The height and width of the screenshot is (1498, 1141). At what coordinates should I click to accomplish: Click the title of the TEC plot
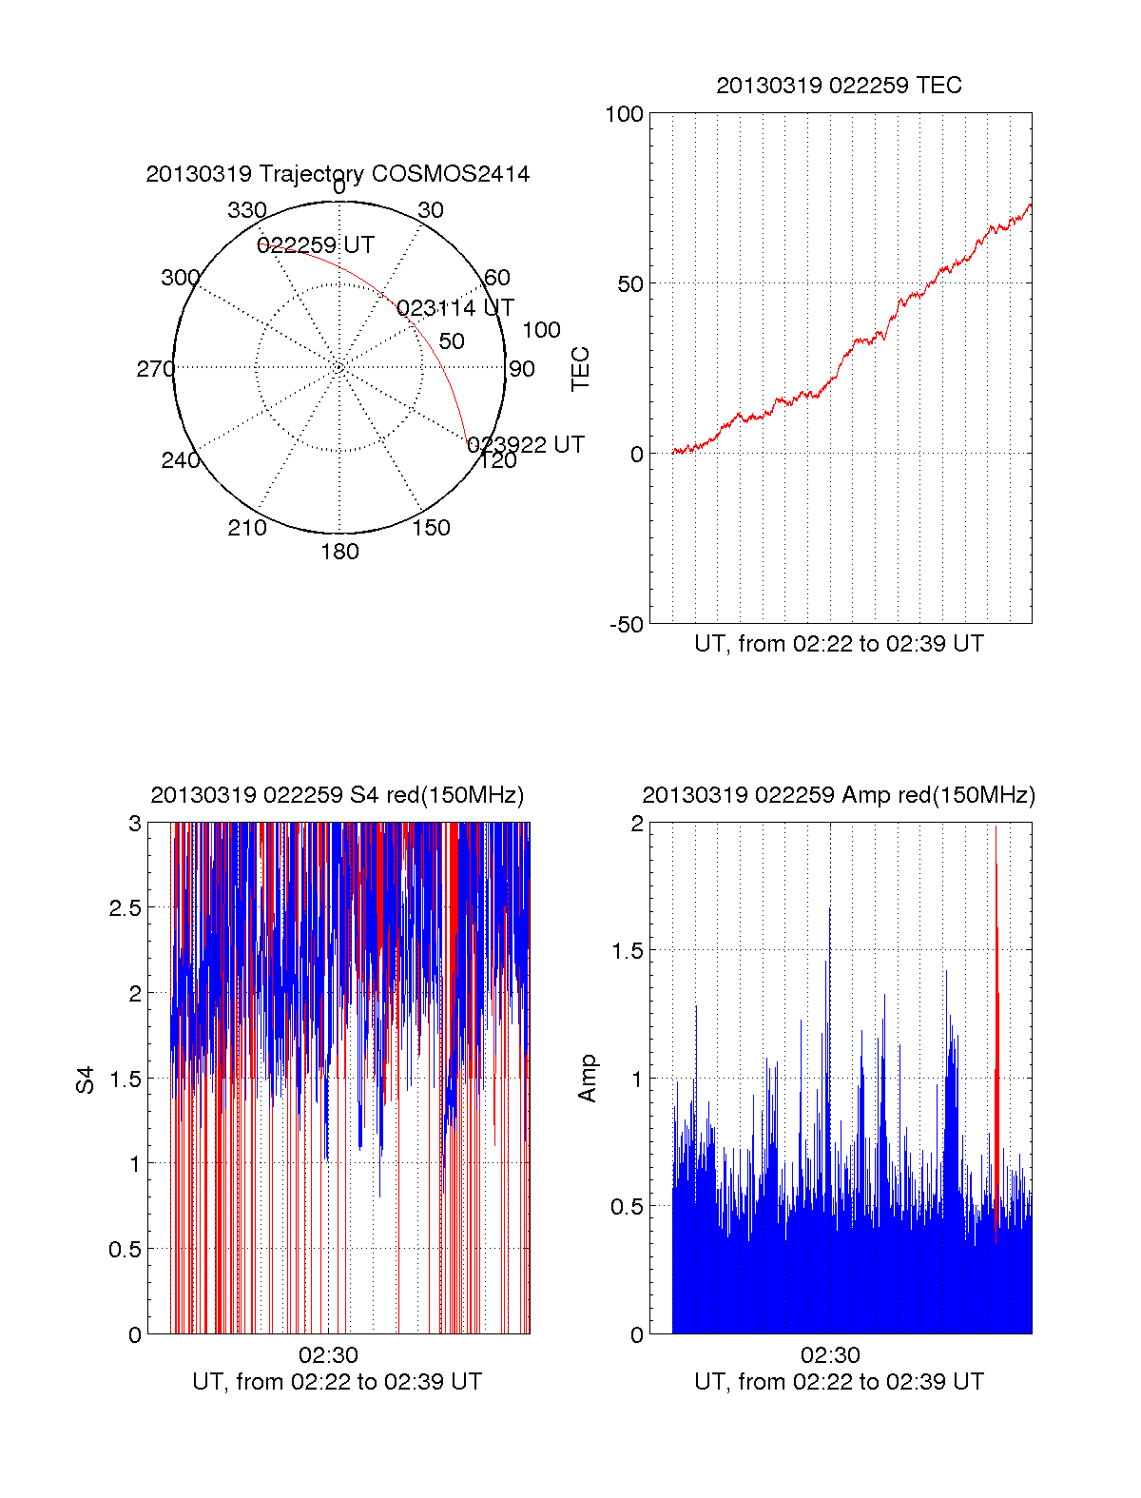(839, 86)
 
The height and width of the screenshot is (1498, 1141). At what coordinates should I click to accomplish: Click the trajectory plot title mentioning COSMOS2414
(338, 174)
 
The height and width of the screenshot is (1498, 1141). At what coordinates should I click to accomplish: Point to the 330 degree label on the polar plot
(247, 210)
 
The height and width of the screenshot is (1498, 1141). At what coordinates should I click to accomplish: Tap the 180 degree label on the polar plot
(339, 552)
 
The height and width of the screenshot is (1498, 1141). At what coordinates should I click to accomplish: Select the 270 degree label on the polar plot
(155, 369)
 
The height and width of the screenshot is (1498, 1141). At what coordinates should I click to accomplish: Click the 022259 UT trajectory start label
(316, 245)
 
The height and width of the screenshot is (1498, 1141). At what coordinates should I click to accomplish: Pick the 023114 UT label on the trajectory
(454, 308)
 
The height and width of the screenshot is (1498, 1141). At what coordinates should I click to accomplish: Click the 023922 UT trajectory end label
(526, 445)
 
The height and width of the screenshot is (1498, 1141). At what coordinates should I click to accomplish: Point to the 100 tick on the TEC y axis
(624, 115)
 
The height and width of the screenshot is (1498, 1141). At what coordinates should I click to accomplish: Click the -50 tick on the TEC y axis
(627, 625)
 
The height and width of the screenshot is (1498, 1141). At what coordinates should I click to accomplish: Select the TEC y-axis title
(580, 369)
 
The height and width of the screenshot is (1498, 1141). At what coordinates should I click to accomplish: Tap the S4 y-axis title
(86, 1080)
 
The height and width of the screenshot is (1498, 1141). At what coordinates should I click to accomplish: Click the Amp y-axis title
(588, 1079)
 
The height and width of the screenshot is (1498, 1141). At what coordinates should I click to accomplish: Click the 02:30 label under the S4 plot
(328, 1355)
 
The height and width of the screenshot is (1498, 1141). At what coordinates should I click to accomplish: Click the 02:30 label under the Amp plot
(830, 1355)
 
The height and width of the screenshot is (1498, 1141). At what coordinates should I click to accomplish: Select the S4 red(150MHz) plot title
(338, 795)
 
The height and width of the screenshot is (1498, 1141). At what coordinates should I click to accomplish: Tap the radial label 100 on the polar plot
(541, 330)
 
